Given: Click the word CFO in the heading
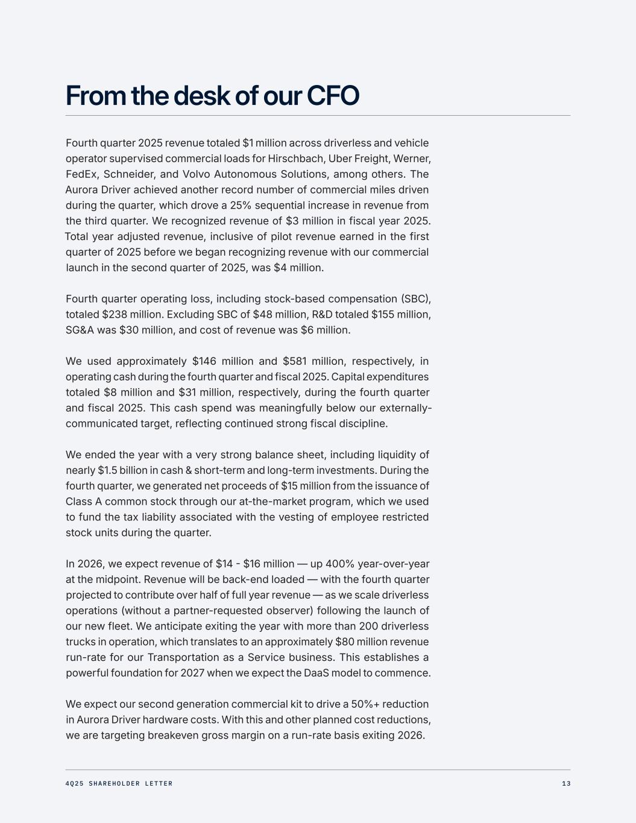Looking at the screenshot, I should point(333,95).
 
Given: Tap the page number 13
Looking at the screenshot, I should point(566,784).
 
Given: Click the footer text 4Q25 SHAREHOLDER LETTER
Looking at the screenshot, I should point(119,784).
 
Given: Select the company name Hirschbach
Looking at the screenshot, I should point(294,159).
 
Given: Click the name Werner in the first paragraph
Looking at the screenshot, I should point(412,159).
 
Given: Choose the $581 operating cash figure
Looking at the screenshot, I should point(295,361).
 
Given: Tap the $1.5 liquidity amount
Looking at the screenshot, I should point(110,470).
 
